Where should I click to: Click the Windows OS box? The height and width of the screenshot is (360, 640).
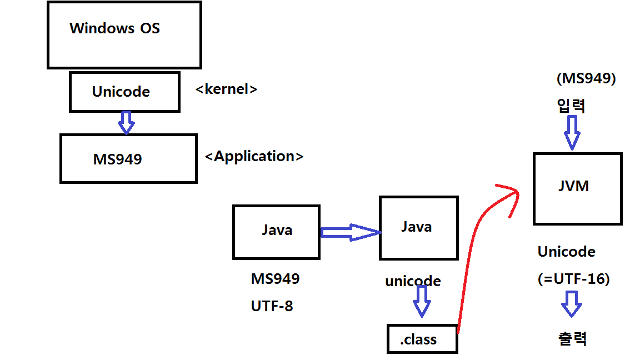coord(124,35)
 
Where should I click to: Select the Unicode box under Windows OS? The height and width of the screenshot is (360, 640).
coord(124,92)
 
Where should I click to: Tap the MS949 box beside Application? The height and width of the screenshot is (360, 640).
coord(128,159)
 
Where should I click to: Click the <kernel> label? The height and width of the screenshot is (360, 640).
coord(227,89)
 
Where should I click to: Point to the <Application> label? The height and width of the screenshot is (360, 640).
coord(254,157)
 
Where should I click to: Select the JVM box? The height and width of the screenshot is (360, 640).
coord(577,189)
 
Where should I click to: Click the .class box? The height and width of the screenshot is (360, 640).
coord(422,339)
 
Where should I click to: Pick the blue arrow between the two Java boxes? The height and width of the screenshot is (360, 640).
coord(349,232)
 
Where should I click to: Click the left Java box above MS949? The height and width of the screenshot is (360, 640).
coord(276,232)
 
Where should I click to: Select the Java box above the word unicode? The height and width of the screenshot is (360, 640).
coord(418,228)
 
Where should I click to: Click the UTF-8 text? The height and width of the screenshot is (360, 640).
coord(272,306)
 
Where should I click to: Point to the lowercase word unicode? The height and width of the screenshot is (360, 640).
coord(413,282)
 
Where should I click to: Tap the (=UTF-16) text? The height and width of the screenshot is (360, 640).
coord(573,279)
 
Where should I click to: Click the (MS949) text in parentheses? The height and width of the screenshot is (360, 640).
coord(586,79)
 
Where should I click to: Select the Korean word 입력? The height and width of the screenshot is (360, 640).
coord(571,106)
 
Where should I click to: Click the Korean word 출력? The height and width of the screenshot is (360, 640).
coord(572,338)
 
